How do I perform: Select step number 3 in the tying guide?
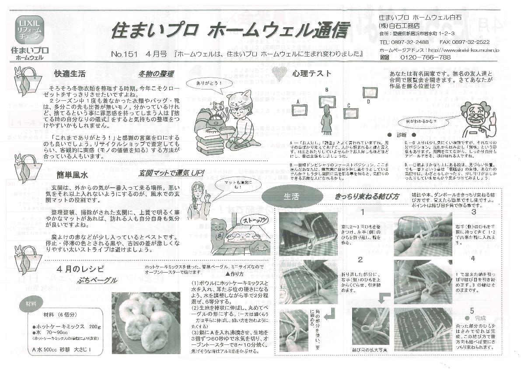tap(473, 213)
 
